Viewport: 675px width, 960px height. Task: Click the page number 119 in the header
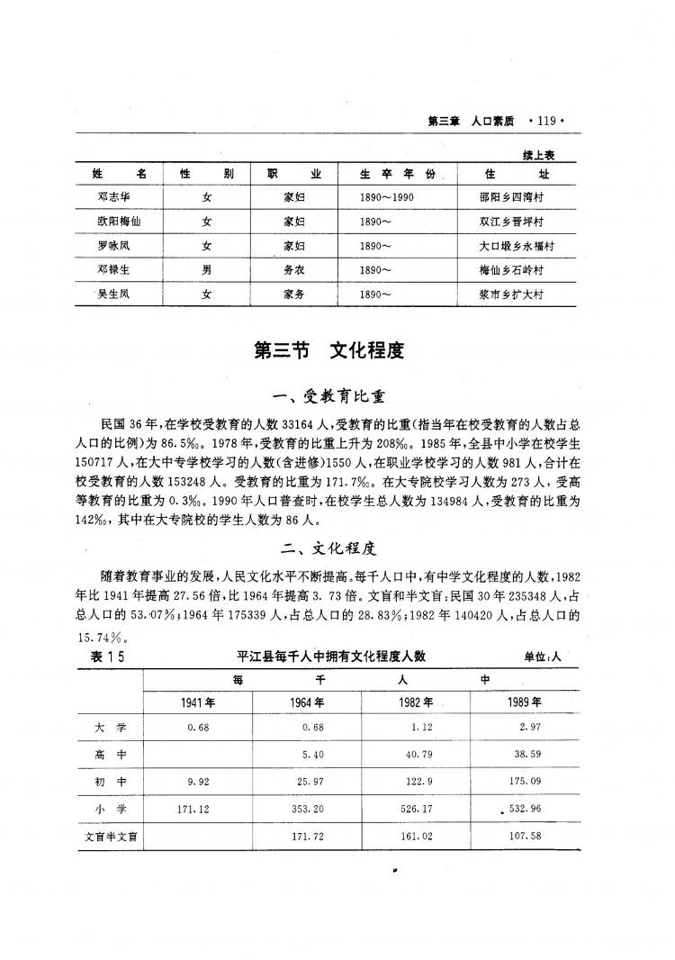pos(546,118)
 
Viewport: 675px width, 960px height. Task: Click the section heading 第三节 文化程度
pos(329,351)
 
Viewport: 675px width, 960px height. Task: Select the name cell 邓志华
pos(114,195)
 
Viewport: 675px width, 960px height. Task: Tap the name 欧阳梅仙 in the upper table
pos(114,221)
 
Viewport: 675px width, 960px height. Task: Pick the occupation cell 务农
pos(293,269)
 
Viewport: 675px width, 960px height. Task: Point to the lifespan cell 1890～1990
pos(386,195)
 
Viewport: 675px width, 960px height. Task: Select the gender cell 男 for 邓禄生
pos(207,269)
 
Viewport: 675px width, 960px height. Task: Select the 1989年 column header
pos(525,702)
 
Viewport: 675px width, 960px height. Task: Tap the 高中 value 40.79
pos(417,754)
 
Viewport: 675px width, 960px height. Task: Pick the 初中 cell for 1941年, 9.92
pos(195,782)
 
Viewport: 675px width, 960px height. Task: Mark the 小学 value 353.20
pos(306,809)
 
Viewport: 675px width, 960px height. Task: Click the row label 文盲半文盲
pos(109,837)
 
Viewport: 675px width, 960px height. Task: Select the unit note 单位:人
pos(542,657)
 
